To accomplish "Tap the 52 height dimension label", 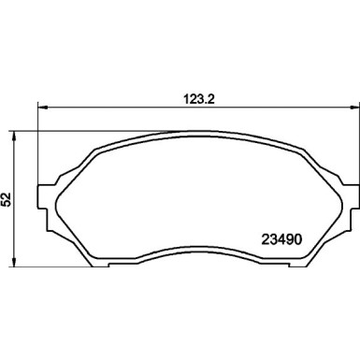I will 7,199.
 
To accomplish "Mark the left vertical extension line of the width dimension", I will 36,140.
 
